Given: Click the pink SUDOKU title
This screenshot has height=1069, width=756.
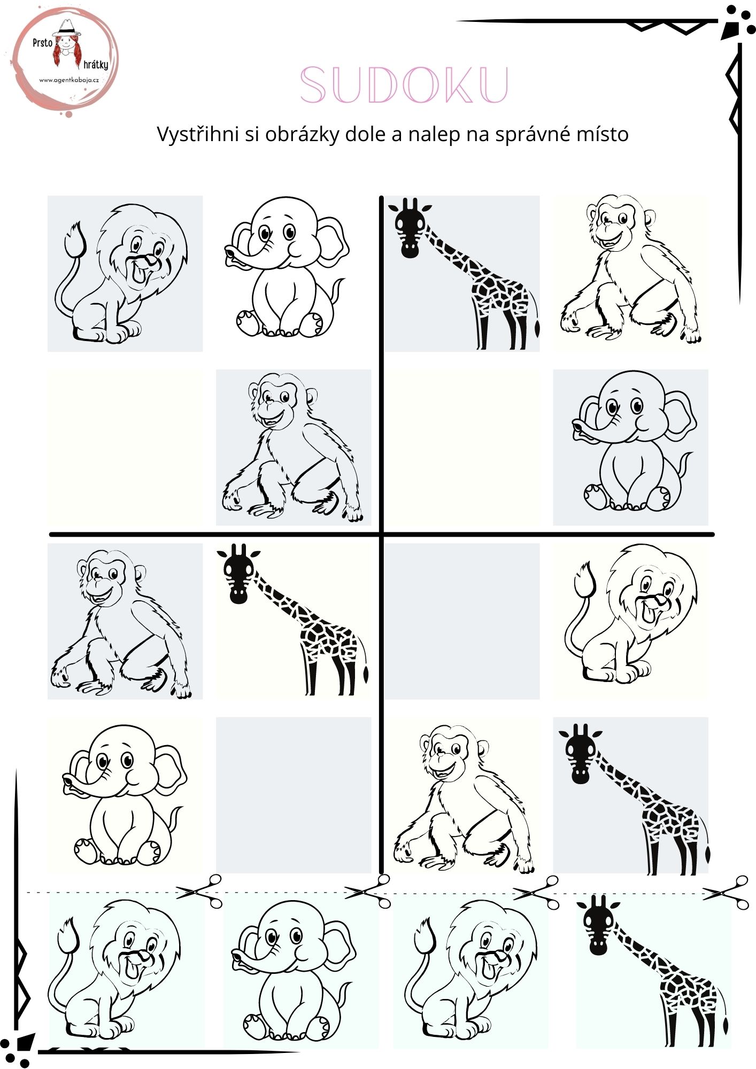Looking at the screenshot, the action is (x=404, y=84).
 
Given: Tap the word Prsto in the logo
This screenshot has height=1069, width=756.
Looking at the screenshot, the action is (x=42, y=43).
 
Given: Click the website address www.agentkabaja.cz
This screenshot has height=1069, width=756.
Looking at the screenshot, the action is (x=69, y=80).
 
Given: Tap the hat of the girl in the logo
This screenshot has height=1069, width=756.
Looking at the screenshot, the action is (x=67, y=28).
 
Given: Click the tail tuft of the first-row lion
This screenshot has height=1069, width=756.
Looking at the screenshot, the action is (x=74, y=239).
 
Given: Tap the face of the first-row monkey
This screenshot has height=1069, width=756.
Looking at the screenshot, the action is (x=615, y=224).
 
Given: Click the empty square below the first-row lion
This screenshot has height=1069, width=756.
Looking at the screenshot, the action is (x=125, y=447).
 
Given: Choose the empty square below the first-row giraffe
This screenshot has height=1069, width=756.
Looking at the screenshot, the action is (x=462, y=447).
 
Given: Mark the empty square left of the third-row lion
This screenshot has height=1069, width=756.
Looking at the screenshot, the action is (x=462, y=621).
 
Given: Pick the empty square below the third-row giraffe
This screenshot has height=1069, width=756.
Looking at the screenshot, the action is (x=294, y=795).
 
